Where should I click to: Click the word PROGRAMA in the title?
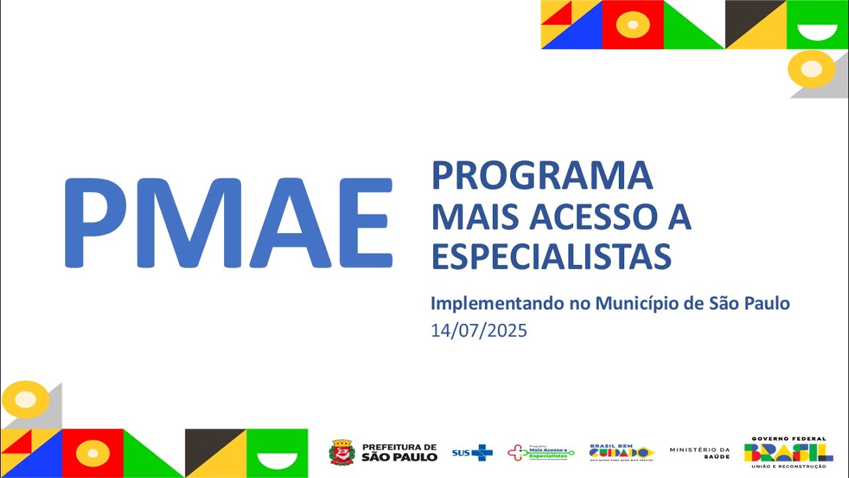pos(542,175)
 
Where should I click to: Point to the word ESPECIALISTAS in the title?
pos(551,256)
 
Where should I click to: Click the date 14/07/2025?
pos(479,331)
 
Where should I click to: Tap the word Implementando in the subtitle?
pos(497,304)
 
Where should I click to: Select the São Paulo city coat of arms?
pos(342,452)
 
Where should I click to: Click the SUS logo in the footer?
pos(472,453)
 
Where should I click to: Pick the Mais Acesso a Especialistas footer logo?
pos(541,453)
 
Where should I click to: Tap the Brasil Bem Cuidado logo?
pos(621,451)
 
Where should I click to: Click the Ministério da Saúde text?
pos(699,453)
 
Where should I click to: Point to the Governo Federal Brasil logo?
pos(788,451)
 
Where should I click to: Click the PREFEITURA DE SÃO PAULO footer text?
pos(399,453)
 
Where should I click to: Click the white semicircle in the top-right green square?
pos(817,31)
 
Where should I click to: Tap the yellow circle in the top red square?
pos(633,25)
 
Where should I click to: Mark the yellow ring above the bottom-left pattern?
pos(25,399)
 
